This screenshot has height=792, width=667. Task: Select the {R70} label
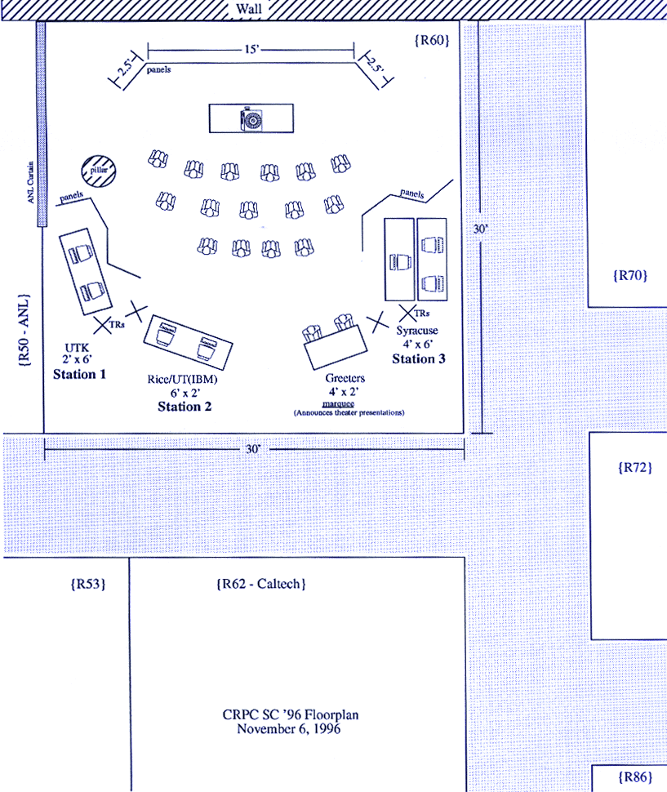tap(629, 275)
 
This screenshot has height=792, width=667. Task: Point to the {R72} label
tap(629, 468)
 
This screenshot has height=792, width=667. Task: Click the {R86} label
tap(635, 776)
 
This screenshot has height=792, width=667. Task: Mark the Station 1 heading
tap(80, 375)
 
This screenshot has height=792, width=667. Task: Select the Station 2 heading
tap(185, 407)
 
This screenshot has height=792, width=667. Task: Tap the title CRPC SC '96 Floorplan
tap(291, 715)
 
